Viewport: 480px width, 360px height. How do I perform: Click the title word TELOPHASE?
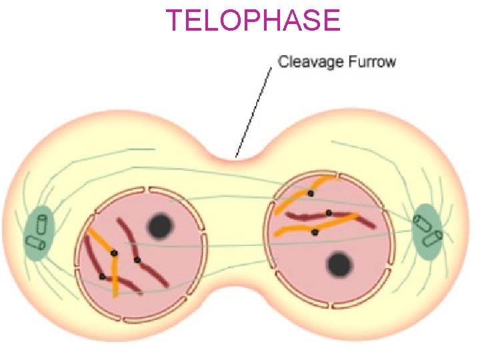253,20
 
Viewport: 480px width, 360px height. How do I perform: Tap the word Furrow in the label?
372,63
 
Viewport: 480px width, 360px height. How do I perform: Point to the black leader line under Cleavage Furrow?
255,110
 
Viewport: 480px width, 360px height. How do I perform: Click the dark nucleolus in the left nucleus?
160,227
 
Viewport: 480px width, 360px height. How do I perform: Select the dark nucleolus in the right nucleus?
340,265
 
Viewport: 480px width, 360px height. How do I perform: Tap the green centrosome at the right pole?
429,230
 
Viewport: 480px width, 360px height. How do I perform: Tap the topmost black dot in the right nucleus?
311,193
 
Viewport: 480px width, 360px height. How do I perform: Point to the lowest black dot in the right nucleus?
315,232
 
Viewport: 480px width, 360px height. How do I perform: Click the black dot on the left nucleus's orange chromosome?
114,253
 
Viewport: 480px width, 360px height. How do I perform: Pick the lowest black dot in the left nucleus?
102,276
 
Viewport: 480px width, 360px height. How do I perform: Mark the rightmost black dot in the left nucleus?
137,259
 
